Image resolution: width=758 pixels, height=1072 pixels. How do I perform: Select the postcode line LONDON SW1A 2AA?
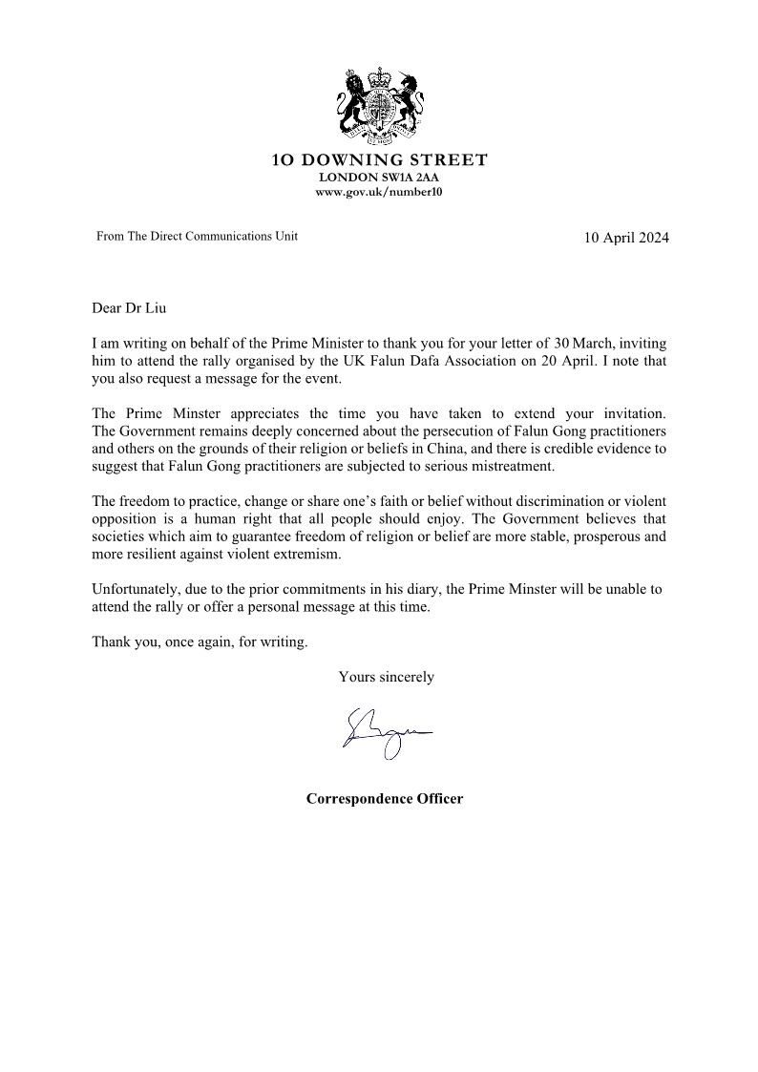[x=379, y=178]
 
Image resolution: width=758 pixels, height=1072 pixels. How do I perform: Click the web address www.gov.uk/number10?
[x=379, y=192]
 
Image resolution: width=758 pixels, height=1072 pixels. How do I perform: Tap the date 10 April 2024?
[x=626, y=238]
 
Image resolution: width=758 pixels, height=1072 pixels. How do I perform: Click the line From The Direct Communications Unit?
[x=197, y=236]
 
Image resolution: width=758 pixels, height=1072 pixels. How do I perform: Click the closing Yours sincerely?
[x=386, y=677]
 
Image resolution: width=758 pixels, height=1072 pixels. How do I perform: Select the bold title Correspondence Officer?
[x=384, y=798]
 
